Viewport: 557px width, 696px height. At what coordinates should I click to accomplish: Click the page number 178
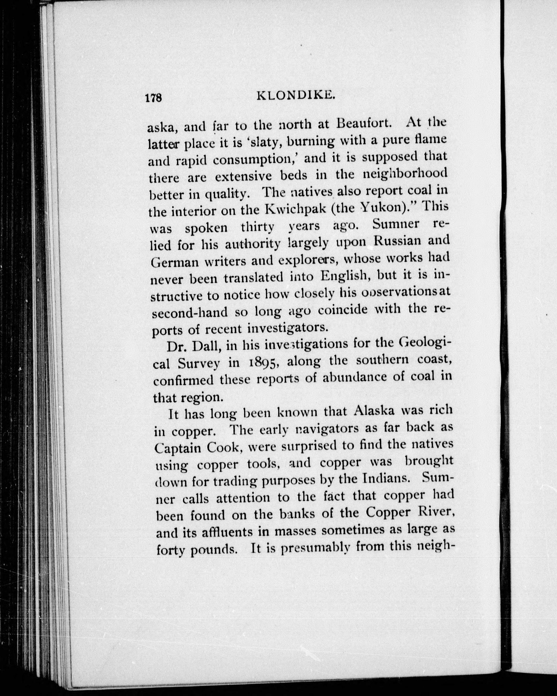coord(153,98)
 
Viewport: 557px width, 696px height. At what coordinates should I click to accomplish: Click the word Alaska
coord(375,411)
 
